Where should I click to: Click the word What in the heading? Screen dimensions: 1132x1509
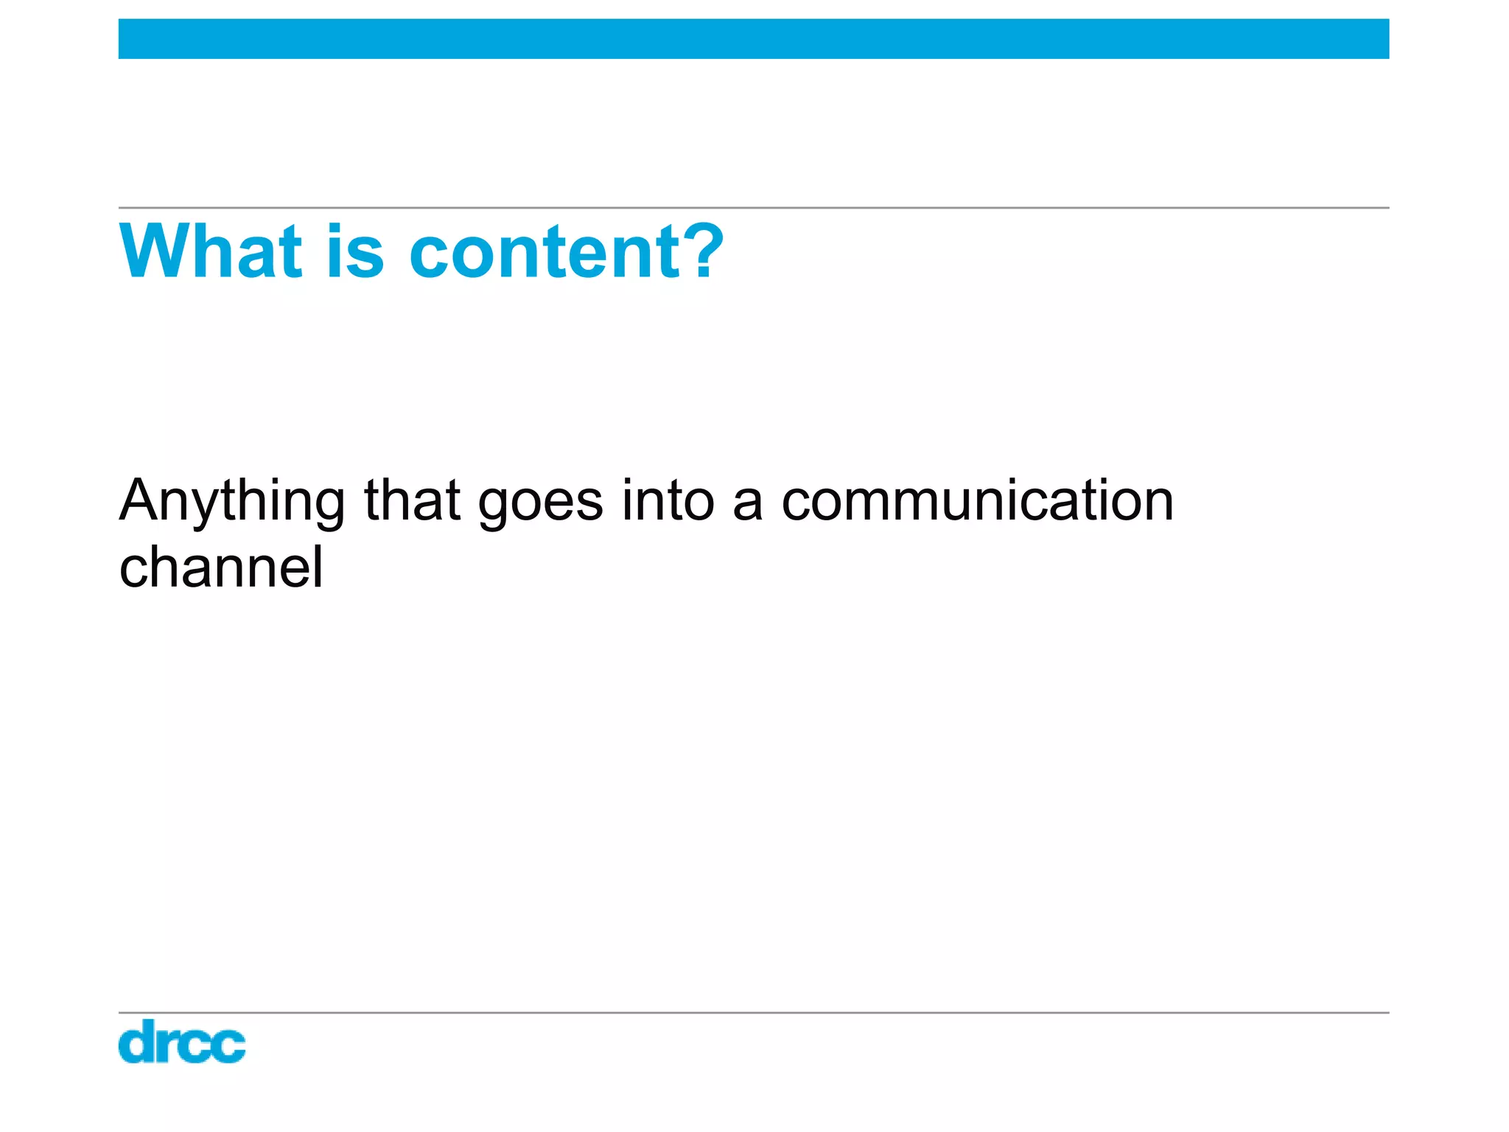[x=211, y=252]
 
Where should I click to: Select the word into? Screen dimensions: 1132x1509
[x=668, y=501]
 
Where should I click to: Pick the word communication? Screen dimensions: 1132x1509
[x=978, y=501]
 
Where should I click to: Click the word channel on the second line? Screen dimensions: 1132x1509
[x=221, y=567]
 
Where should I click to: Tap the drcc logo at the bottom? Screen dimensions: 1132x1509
[x=182, y=1041]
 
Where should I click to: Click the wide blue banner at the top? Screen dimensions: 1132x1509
[x=754, y=39]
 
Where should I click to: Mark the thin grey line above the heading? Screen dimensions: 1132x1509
[x=754, y=208]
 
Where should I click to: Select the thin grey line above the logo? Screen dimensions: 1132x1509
[x=754, y=1013]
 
